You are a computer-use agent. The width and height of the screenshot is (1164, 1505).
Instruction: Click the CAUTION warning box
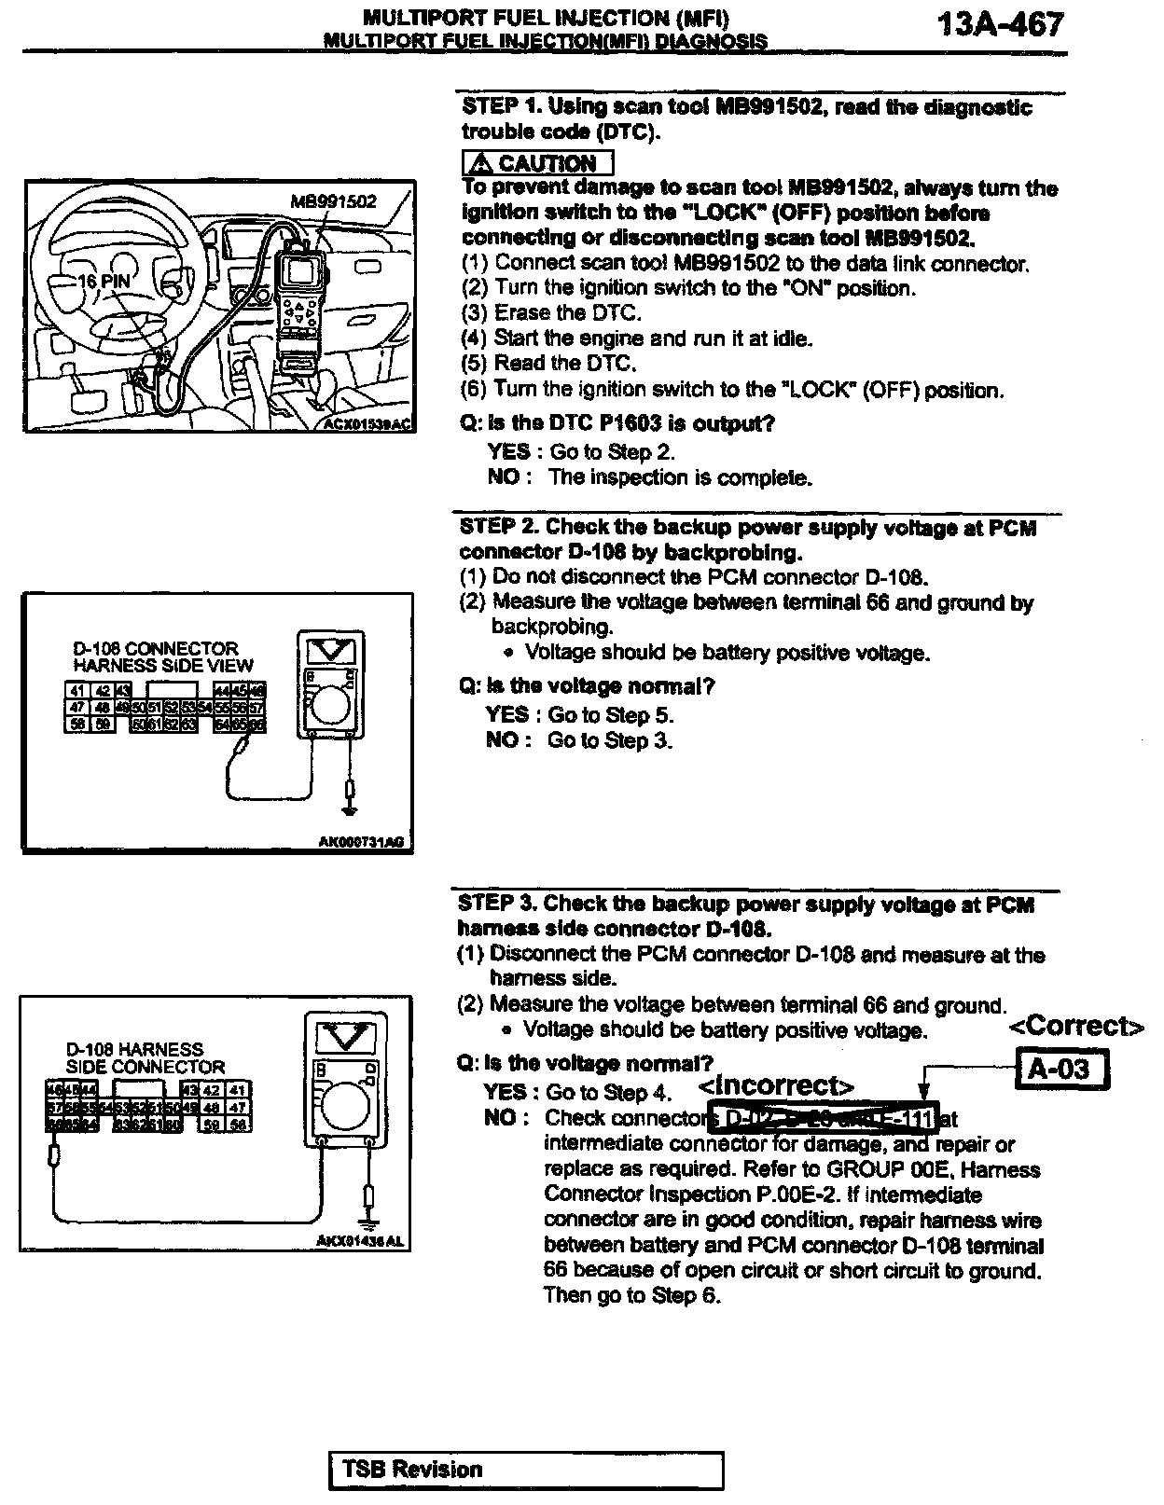point(537,163)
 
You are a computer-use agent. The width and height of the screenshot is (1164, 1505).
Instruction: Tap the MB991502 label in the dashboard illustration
point(333,201)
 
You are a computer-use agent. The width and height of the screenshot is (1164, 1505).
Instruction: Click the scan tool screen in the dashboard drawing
point(300,272)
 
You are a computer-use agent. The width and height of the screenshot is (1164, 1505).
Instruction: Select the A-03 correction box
point(1061,1069)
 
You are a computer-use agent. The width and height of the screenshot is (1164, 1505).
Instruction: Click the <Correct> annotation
point(1076,1027)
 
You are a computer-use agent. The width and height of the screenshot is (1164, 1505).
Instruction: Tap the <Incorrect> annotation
point(776,1086)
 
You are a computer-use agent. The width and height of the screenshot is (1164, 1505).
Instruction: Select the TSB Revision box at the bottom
point(526,1470)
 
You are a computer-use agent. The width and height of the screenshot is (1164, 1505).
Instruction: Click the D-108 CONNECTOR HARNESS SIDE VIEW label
point(162,656)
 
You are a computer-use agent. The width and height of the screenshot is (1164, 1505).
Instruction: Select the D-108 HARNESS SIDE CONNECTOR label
point(145,1057)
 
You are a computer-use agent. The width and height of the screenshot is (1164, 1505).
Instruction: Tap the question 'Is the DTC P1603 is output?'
point(617,423)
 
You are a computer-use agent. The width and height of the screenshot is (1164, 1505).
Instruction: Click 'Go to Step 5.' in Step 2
point(610,715)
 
